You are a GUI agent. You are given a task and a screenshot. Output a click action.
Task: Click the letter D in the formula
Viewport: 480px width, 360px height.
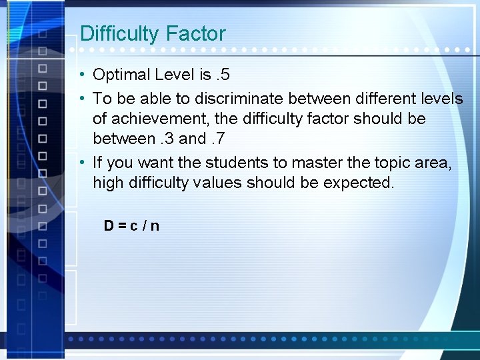coord(109,225)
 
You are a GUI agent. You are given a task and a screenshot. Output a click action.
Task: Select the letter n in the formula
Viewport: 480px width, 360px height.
coord(155,225)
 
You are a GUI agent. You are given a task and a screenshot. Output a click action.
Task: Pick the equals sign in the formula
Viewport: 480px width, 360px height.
coord(122,225)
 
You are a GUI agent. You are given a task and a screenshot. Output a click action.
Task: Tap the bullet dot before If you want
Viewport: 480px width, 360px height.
coord(80,162)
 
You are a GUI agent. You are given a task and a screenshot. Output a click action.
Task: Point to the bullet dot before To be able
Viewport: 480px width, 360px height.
coord(80,99)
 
